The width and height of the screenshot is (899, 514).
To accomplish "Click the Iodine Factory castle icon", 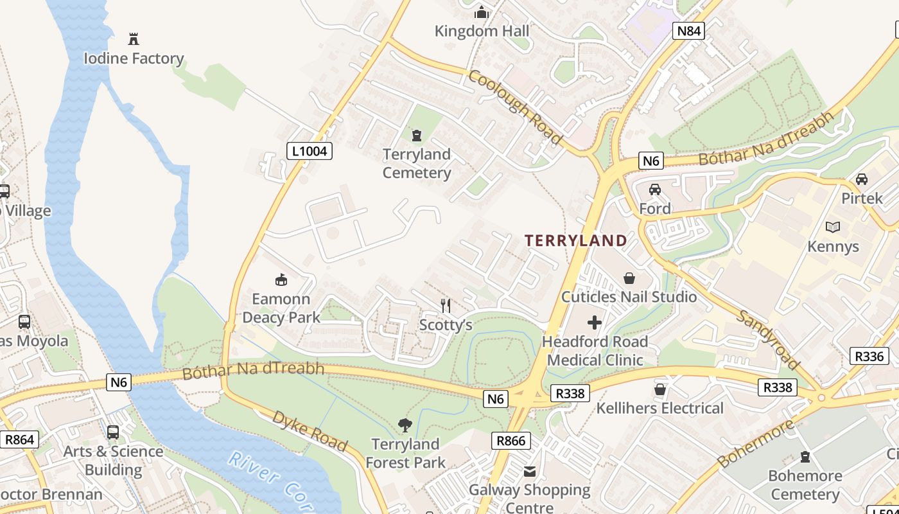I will tap(134, 39).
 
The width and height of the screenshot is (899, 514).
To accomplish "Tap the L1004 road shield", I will tap(309, 152).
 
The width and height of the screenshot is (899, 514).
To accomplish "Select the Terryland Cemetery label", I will tap(417, 164).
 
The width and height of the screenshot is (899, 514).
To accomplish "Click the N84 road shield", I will tap(688, 31).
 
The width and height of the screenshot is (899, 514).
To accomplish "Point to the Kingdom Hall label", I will tap(482, 31).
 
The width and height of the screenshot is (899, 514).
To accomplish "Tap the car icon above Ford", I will tap(654, 190).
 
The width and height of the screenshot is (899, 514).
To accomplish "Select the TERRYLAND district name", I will tap(576, 241).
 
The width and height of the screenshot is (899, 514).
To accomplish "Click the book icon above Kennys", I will tap(833, 227).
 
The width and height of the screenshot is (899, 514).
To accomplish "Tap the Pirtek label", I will tap(862, 198).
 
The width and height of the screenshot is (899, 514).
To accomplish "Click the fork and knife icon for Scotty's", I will tap(445, 306).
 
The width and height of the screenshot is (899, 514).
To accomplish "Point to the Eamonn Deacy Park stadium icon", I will tap(281, 279).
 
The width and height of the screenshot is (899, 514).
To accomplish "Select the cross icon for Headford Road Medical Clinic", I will tap(595, 322).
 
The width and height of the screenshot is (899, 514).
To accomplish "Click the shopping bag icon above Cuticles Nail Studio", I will tap(629, 278).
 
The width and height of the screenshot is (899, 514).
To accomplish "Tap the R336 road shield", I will tap(869, 356).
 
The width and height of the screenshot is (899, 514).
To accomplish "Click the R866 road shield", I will tap(511, 441).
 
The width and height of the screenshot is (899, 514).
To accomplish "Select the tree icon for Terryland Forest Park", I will tap(405, 425).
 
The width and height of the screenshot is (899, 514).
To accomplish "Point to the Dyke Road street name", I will tap(310, 431).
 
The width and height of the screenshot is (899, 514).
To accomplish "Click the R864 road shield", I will tap(19, 440).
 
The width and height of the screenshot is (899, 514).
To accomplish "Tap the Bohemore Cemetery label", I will tap(805, 485).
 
